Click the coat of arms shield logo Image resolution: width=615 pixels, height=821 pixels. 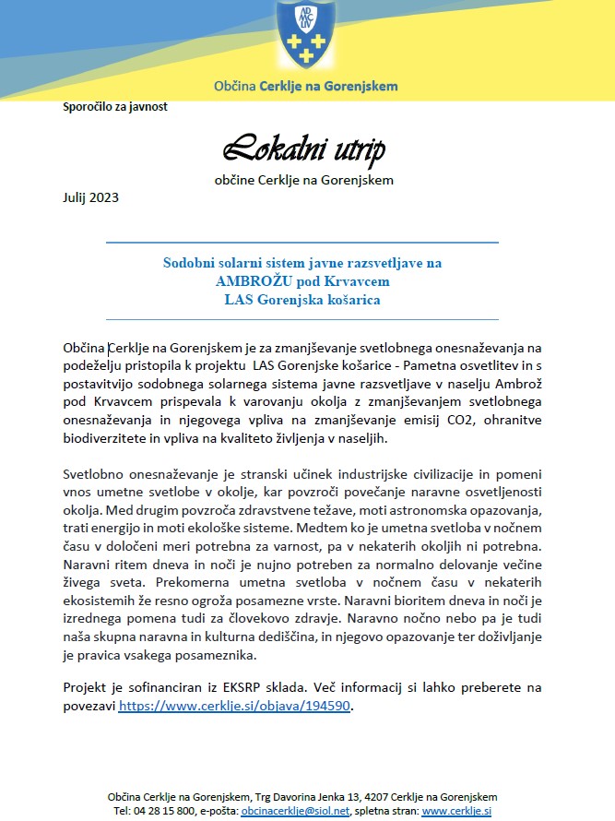click(306, 35)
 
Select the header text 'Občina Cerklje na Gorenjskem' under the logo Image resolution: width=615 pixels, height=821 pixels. click(306, 86)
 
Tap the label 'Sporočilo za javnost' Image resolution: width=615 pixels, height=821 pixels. click(114, 106)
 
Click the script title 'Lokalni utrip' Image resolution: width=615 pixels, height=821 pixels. click(303, 148)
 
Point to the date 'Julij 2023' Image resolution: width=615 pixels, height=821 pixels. click(90, 196)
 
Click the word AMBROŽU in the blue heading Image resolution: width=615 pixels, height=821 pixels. click(251, 280)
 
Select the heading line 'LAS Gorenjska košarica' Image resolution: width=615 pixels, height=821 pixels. click(302, 299)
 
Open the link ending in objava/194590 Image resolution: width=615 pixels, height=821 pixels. click(235, 706)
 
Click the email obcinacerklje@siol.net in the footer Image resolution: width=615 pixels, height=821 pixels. click(301, 811)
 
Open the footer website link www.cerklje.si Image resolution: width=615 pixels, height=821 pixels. click(455, 811)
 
